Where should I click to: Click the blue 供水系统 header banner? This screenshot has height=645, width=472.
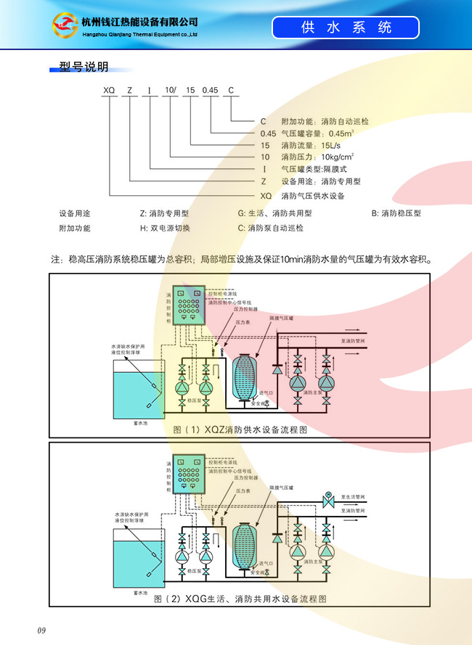coord(346,28)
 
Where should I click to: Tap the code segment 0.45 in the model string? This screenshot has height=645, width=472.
coord(210,90)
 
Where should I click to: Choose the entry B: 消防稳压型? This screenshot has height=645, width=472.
coord(396,213)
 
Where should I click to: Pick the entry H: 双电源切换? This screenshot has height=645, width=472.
coord(165,228)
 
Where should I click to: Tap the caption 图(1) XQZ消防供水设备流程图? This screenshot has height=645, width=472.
coord(240,430)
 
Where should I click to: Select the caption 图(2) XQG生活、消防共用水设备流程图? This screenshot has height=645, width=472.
coord(240,599)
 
